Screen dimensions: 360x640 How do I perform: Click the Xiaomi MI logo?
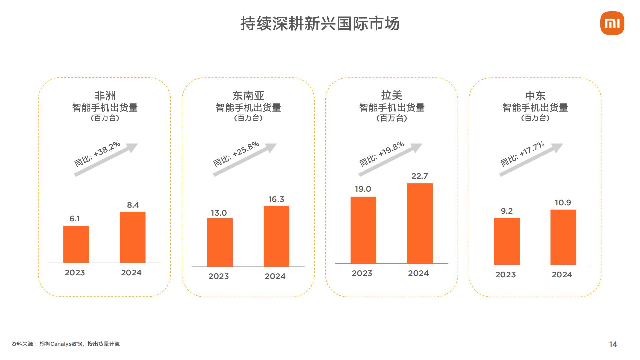coord(612,23)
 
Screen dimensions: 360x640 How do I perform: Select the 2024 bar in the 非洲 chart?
coord(133,237)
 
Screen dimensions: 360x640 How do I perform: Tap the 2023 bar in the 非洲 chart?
coord(76,244)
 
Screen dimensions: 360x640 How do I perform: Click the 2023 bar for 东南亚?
coord(220,242)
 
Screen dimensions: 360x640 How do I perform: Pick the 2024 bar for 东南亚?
coord(276,236)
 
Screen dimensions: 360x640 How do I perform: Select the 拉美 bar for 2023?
coord(363,230)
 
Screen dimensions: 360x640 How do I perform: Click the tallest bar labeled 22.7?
coord(420,223)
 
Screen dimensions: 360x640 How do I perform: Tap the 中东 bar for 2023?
coord(507,241)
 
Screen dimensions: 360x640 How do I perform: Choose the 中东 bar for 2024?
coord(563,237)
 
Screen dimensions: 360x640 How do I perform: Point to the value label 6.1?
coord(74,219)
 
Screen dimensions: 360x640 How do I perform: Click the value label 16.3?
coord(276,199)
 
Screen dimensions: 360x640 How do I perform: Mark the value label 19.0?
coord(363,189)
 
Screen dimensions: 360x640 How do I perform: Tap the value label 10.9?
coord(563,203)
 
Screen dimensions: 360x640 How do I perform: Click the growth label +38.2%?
coord(107,149)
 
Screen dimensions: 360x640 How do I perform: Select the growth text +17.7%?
coord(532,149)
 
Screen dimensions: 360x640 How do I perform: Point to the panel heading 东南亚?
coord(248,96)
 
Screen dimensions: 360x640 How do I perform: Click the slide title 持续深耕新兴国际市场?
coord(320,24)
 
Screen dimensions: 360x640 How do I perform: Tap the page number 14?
coord(613,344)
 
